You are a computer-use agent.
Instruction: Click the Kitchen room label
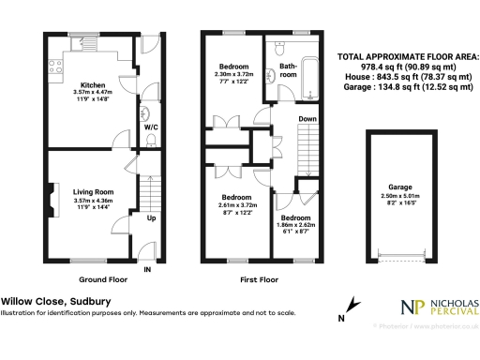click(92, 85)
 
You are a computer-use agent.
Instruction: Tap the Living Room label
click(92, 191)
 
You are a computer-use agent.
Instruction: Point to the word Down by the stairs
click(307, 120)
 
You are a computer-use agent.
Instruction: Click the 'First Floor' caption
click(259, 279)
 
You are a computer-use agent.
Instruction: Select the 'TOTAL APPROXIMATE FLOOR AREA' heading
click(407, 57)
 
